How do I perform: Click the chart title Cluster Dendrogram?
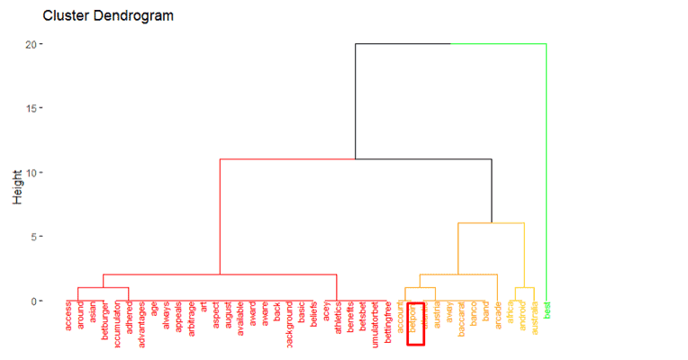pyautogui.click(x=108, y=16)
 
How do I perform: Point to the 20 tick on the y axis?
pyautogui.click(x=30, y=43)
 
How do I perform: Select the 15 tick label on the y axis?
pyautogui.click(x=30, y=108)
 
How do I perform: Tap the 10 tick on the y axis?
pyautogui.click(x=30, y=173)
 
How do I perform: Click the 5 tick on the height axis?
pyautogui.click(x=32, y=237)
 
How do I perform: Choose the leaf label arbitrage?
pyautogui.click(x=191, y=321)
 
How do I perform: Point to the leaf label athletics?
pyautogui.click(x=338, y=321)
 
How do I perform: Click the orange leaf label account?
pyautogui.click(x=400, y=319)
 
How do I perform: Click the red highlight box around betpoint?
pyautogui.click(x=415, y=324)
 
